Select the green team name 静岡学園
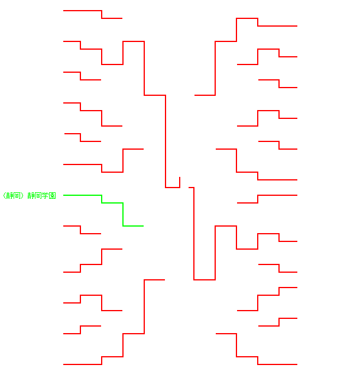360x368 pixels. pyautogui.click(x=42, y=195)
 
